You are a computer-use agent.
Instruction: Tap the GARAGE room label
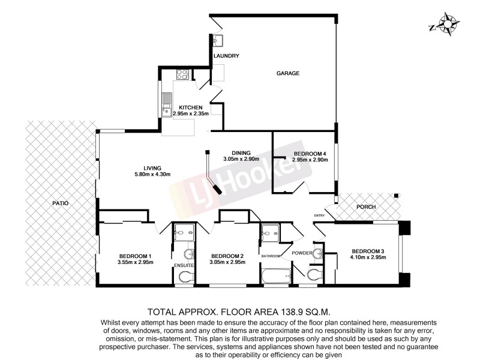tap(287, 73)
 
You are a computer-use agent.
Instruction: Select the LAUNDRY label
tap(227, 56)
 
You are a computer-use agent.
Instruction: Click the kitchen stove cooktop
tap(182, 76)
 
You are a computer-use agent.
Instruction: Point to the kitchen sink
tap(166, 110)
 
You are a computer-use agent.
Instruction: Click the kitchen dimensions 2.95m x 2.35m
tap(190, 113)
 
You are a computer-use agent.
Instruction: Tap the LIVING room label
tap(153, 167)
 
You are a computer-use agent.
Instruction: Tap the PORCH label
tap(365, 207)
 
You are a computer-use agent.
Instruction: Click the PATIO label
tap(60, 203)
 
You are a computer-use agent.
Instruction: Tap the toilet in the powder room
tap(314, 275)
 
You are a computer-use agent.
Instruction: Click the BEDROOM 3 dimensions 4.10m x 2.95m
tap(368, 257)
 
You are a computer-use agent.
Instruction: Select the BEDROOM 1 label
tap(134, 256)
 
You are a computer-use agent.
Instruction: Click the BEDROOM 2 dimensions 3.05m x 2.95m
tap(227, 262)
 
